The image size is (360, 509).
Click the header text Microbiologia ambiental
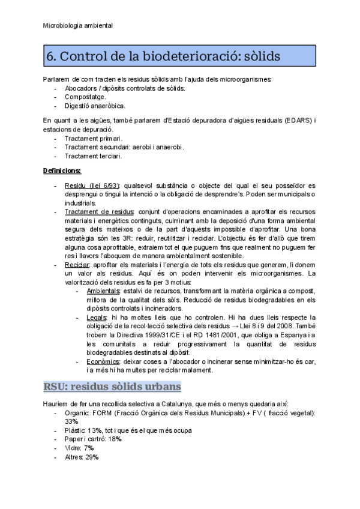[x=78, y=26]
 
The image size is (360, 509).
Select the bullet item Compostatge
[x=86, y=97]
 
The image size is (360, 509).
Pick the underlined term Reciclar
[x=77, y=265]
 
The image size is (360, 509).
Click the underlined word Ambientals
[x=103, y=291]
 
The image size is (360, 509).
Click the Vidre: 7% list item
[x=79, y=448]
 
